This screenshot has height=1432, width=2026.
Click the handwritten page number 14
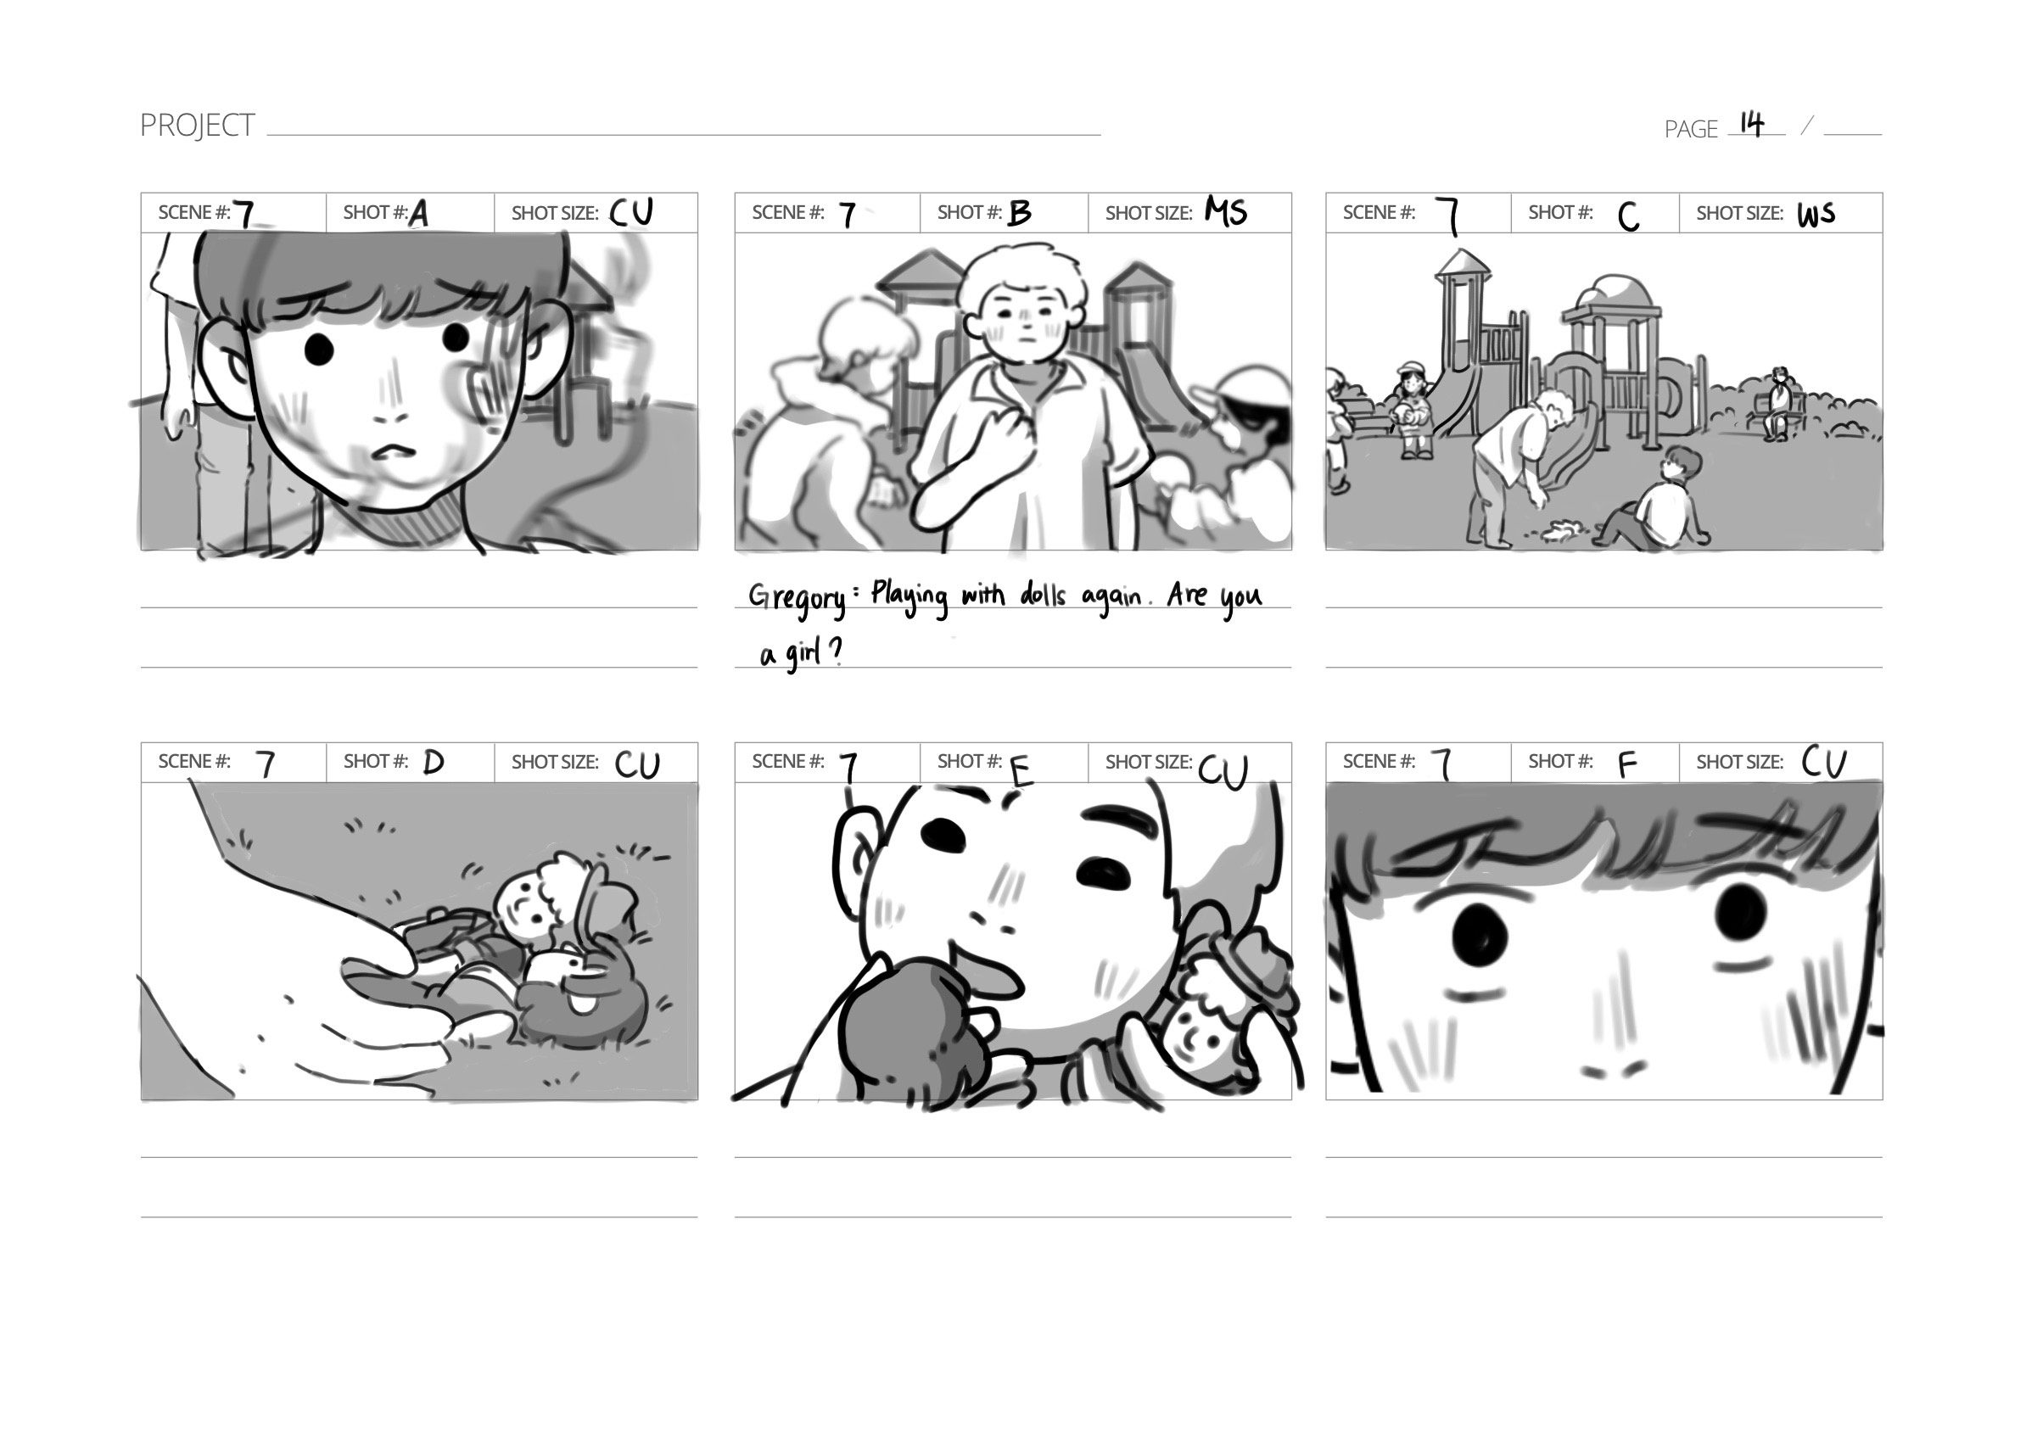click(1752, 125)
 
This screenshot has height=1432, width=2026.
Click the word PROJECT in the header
click(198, 126)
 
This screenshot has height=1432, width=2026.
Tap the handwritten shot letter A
click(419, 214)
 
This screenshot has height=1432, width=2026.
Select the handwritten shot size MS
click(1227, 212)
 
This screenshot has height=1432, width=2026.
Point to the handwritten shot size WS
click(1816, 215)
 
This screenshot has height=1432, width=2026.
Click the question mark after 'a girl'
click(835, 652)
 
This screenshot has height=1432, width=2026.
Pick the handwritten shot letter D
click(434, 763)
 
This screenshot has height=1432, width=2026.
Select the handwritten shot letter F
click(1628, 765)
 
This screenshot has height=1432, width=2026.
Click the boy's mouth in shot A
click(393, 450)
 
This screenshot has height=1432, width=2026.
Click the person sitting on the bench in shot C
click(1777, 404)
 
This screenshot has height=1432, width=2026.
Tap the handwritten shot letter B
click(1019, 213)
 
